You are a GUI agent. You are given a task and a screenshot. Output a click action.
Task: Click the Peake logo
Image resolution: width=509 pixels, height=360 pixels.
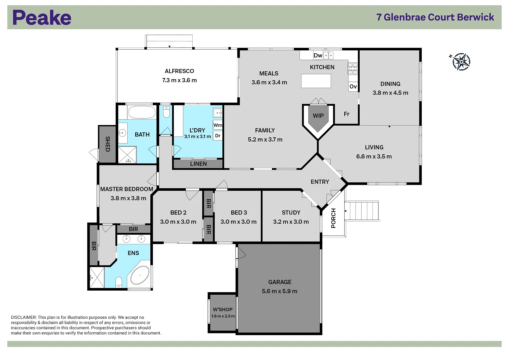42,18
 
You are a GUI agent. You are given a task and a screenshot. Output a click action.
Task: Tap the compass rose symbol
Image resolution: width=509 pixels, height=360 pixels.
461,62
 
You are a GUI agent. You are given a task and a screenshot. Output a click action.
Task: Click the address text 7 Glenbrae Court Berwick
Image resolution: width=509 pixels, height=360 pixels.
435,17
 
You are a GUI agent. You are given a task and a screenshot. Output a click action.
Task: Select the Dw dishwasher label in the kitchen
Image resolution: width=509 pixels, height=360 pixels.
318,55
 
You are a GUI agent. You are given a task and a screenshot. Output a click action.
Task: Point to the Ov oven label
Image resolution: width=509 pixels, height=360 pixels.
353,87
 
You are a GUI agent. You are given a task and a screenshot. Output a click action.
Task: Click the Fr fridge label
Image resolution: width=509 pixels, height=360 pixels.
347,114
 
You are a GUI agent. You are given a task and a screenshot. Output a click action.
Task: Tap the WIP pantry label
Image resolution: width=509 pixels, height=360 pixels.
318,116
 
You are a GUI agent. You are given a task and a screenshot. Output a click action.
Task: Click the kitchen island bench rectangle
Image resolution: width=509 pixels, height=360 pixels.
316,81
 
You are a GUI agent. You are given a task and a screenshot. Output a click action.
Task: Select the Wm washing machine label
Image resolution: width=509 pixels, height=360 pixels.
218,125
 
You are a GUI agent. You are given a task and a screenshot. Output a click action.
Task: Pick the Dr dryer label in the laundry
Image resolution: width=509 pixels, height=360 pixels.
218,136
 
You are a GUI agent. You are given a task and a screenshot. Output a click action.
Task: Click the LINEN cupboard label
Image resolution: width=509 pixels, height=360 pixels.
198,164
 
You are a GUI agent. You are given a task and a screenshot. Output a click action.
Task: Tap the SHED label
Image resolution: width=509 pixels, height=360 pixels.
107,144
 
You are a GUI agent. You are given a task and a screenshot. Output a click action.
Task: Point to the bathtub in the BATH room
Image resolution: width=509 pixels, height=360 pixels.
142,112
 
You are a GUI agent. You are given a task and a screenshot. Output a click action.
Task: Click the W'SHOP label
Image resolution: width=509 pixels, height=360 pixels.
223,309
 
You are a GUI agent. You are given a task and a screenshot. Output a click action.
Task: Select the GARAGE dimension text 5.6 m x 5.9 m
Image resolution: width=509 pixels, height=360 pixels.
279,291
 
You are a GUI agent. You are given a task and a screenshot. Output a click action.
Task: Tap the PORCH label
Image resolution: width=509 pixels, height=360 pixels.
333,218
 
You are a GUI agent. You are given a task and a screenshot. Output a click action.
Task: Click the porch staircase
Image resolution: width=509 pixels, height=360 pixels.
362,211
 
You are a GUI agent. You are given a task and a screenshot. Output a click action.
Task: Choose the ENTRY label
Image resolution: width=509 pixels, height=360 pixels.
320,182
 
